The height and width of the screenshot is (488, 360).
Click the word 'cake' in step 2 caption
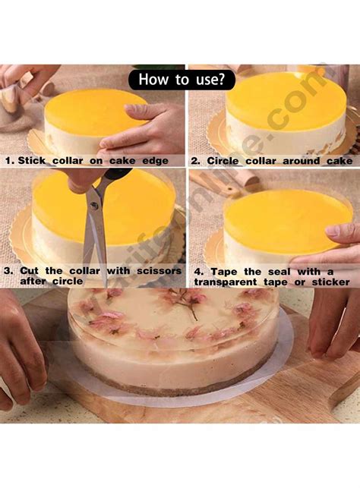point(337,161)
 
